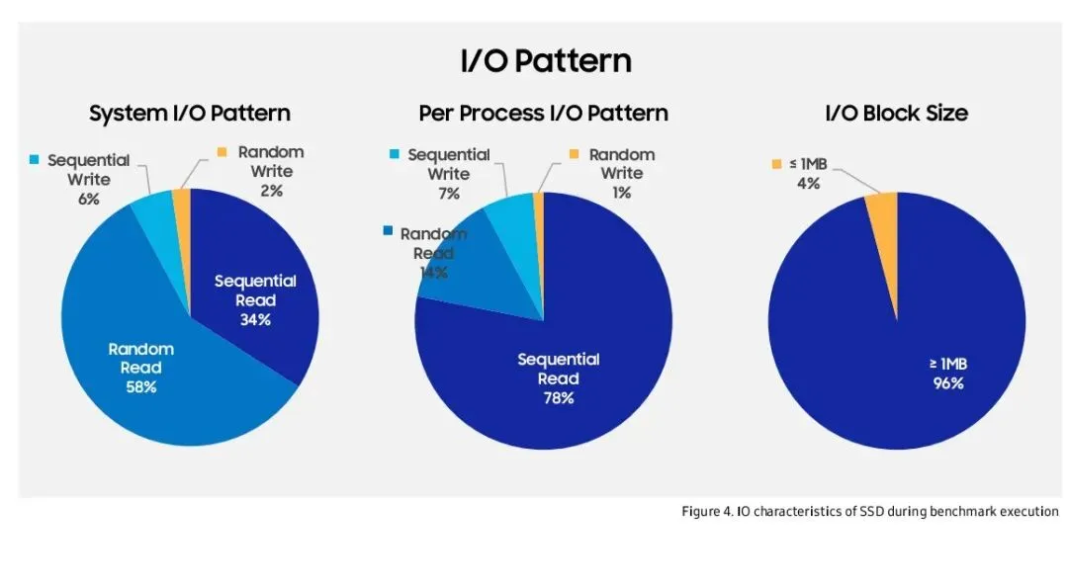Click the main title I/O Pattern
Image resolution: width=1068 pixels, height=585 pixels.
(x=545, y=61)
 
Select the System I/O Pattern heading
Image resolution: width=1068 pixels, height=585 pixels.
(x=190, y=114)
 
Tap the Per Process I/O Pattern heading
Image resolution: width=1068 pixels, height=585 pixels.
(x=543, y=114)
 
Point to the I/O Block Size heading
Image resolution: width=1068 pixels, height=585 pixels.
(x=896, y=114)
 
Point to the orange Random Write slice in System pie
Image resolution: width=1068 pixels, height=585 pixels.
(x=182, y=198)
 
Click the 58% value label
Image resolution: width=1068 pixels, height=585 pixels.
(x=141, y=386)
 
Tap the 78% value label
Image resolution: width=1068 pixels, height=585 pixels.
(x=559, y=398)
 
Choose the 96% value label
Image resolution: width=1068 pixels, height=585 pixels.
(x=947, y=383)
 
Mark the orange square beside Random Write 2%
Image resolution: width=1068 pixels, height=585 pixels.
(x=222, y=152)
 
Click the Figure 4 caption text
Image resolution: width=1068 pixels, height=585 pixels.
(x=870, y=511)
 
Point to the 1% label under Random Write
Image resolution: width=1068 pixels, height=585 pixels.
(x=621, y=193)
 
